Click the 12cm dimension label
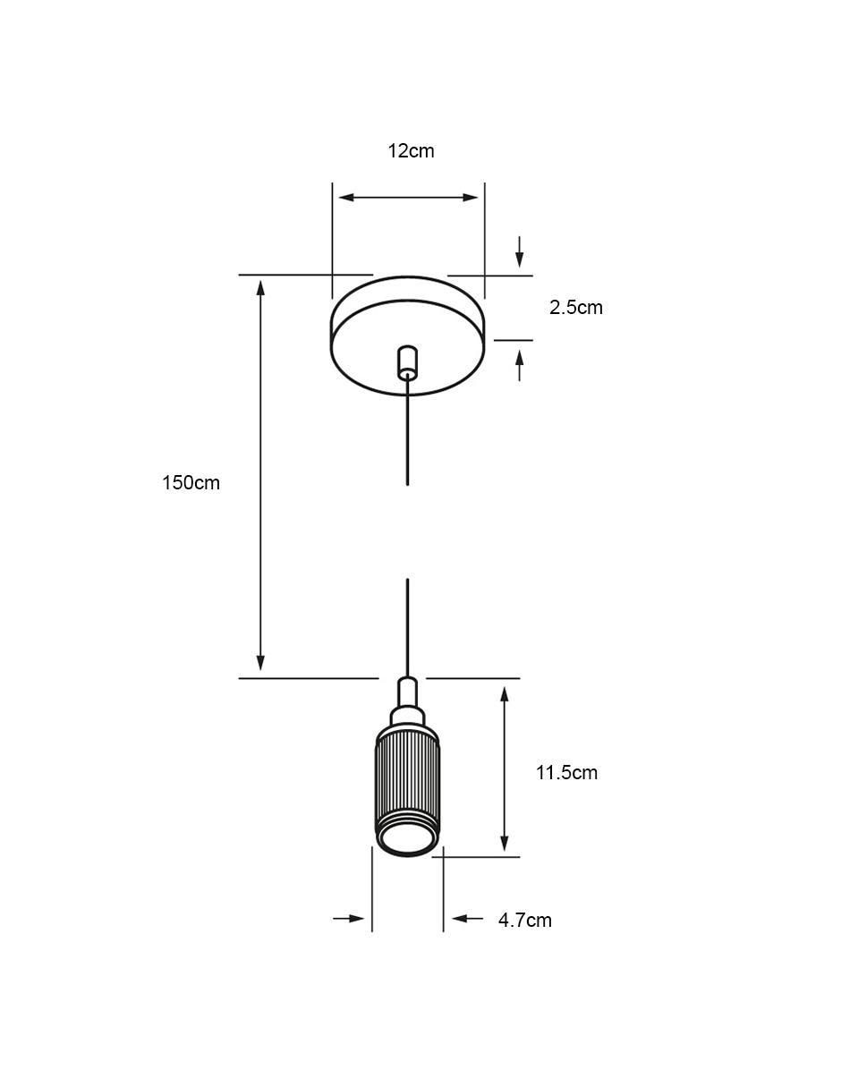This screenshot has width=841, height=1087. pos(411,150)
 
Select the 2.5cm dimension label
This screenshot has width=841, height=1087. pos(576,307)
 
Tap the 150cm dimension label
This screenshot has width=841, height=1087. pos(191,483)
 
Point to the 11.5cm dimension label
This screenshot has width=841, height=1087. pos(567,773)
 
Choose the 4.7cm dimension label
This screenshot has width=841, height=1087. pos(525,921)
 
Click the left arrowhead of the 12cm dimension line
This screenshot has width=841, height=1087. pos(346,197)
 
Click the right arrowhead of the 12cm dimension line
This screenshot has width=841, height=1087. pos(471,197)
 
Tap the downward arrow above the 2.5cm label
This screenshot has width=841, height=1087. pos(520,252)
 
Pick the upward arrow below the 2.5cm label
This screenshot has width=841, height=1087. pos(520,366)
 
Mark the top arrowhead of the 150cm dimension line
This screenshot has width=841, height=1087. pos(260,289)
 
